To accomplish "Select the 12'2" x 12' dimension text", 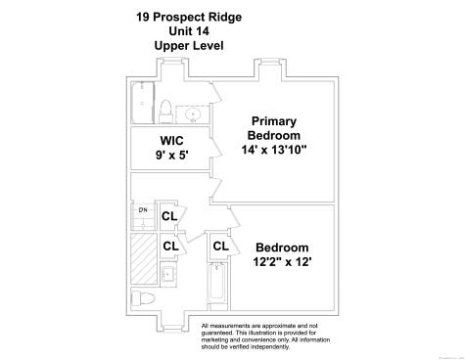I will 282,263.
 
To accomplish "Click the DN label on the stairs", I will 142,210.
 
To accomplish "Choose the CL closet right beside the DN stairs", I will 169,216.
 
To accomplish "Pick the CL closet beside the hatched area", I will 169,247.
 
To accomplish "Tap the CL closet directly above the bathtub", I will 220,247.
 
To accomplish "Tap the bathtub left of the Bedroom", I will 218,286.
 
